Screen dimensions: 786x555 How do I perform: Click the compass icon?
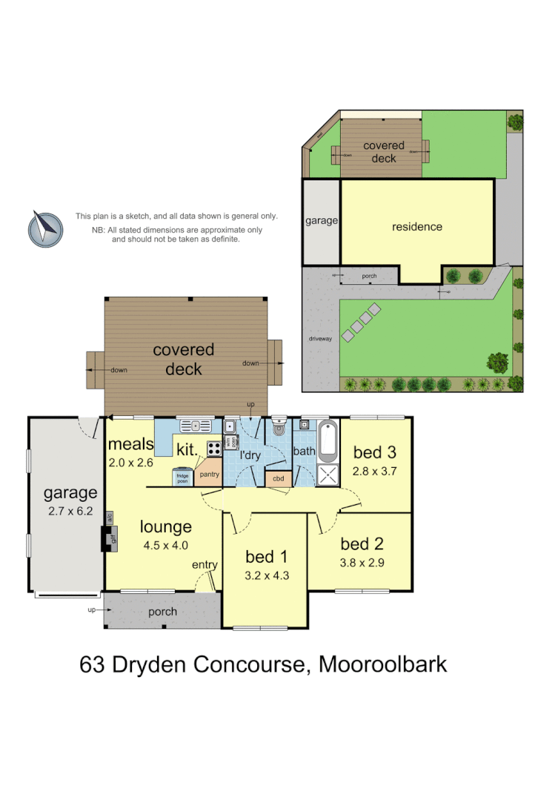click(46, 228)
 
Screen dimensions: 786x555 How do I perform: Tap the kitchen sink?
click(196, 426)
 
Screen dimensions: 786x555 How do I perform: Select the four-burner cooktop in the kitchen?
click(213, 448)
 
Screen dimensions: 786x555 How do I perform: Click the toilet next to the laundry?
click(279, 428)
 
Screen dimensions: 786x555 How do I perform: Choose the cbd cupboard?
click(278, 478)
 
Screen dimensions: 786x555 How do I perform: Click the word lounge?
click(165, 526)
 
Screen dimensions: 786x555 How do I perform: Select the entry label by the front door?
click(205, 565)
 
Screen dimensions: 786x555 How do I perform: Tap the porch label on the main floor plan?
click(162, 612)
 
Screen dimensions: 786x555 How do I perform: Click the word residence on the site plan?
click(416, 227)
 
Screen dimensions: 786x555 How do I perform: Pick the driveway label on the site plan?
click(320, 339)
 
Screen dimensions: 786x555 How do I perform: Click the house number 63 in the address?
click(93, 664)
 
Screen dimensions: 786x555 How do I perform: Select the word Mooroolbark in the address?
click(382, 664)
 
